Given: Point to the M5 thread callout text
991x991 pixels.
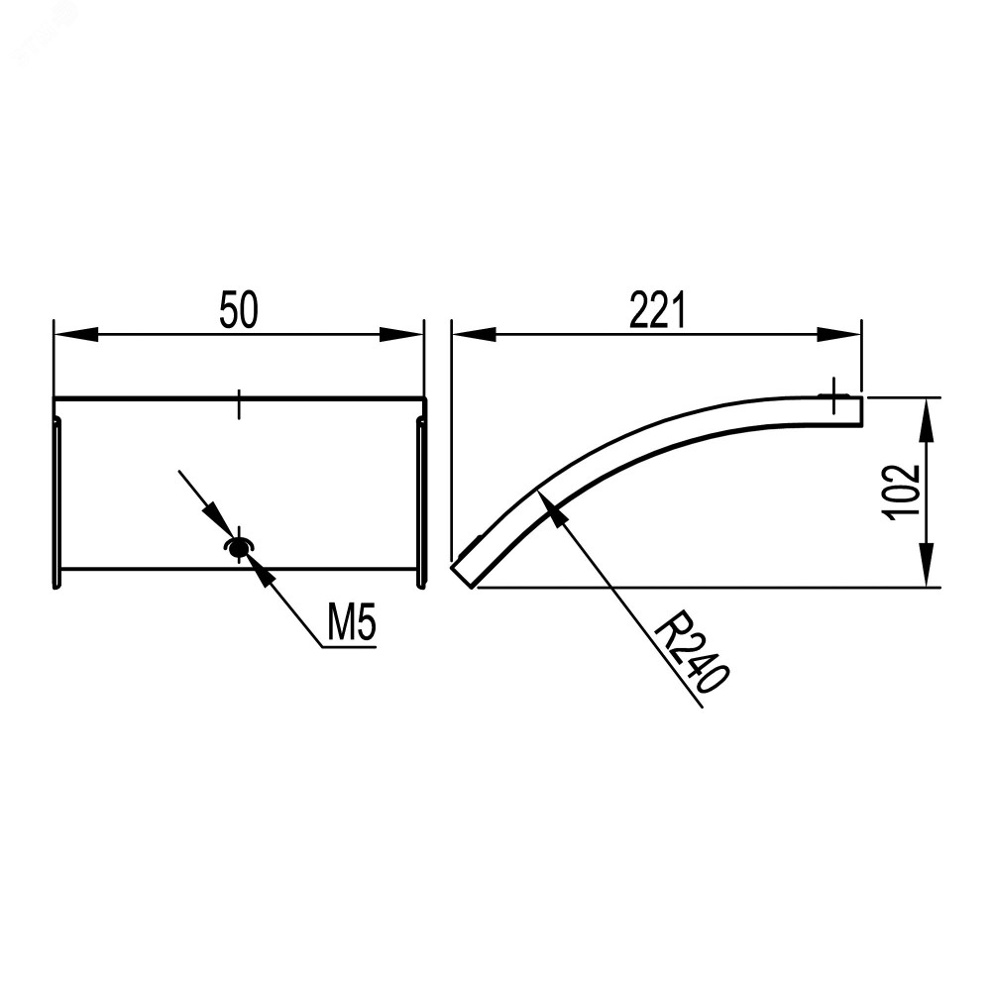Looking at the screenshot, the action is click(352, 622).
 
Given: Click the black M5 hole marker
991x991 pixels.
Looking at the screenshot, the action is click(238, 549).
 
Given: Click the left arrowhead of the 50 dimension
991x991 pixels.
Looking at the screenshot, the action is click(76, 334).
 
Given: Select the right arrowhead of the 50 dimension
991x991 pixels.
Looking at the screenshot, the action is click(400, 334).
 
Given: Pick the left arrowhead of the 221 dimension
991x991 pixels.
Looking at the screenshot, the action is click(474, 334).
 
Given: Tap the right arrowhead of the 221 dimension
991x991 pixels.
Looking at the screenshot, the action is click(838, 334).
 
